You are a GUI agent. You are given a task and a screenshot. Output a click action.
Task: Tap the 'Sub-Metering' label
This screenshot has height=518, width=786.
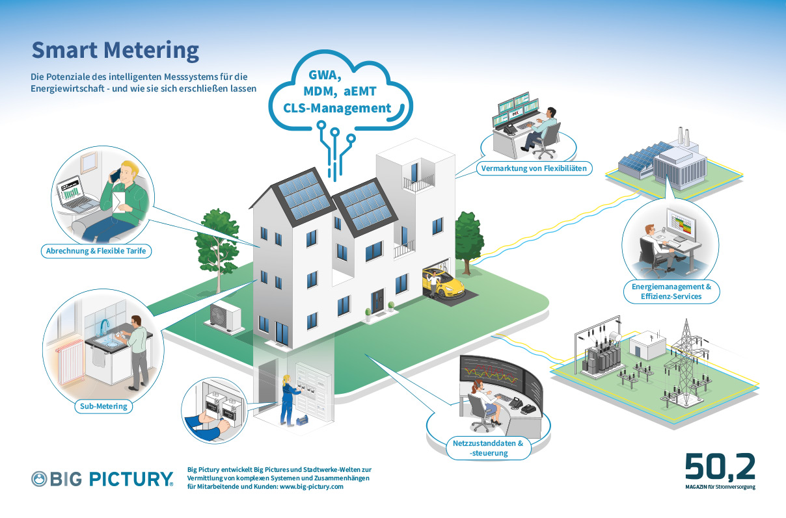coord(103,406)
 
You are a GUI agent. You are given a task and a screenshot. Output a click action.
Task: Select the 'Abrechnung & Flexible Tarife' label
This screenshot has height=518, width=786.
coord(96,251)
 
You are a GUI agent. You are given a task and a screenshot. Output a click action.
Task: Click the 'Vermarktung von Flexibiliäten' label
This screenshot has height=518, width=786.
coord(534,168)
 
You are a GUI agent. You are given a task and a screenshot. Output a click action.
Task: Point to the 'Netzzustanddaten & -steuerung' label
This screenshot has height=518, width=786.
coord(488,448)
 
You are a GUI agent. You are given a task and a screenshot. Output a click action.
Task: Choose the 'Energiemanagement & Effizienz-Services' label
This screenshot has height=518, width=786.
coord(671,292)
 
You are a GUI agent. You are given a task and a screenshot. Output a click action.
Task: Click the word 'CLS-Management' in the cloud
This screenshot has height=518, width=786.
coord(337,108)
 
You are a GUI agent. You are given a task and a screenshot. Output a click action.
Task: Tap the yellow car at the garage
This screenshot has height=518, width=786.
coord(444,284)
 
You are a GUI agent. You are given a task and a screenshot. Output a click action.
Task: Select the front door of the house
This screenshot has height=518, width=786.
coord(377,301)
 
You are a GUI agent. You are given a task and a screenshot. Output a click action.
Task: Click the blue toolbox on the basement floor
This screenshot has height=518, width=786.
coord(302,420)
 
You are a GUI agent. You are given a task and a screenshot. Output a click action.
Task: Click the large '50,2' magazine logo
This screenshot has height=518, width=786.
coord(720,466)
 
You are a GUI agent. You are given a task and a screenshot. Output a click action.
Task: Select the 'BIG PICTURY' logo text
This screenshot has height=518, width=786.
coord(111,479)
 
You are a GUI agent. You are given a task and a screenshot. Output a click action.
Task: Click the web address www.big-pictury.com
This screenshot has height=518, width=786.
coord(312,487)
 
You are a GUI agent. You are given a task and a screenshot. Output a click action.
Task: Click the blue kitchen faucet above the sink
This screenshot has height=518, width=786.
coord(105,328)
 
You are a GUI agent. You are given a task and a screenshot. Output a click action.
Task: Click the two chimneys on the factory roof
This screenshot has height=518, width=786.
coord(684,136)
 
